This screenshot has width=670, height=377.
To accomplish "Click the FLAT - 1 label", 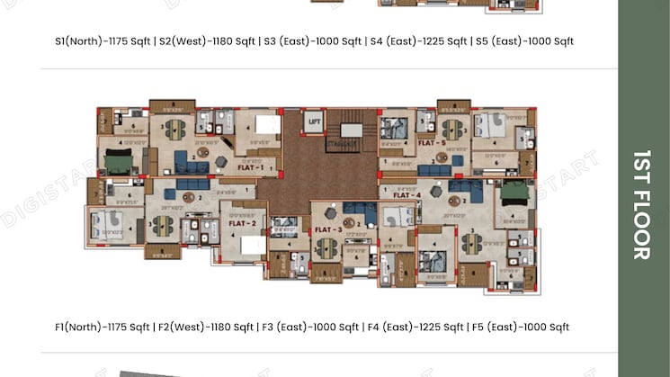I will coord(250,168).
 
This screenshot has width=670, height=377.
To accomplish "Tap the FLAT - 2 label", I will coord(245,222).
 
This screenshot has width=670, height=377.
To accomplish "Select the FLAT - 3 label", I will coord(327,230).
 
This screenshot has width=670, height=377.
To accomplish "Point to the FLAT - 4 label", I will coord(406,195).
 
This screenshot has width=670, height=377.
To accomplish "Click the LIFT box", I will coord(314,121).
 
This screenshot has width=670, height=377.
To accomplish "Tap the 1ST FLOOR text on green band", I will coord(640,204).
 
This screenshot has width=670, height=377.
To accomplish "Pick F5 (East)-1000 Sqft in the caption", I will coord(521,327).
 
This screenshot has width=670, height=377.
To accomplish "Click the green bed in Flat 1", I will coord(119,164).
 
